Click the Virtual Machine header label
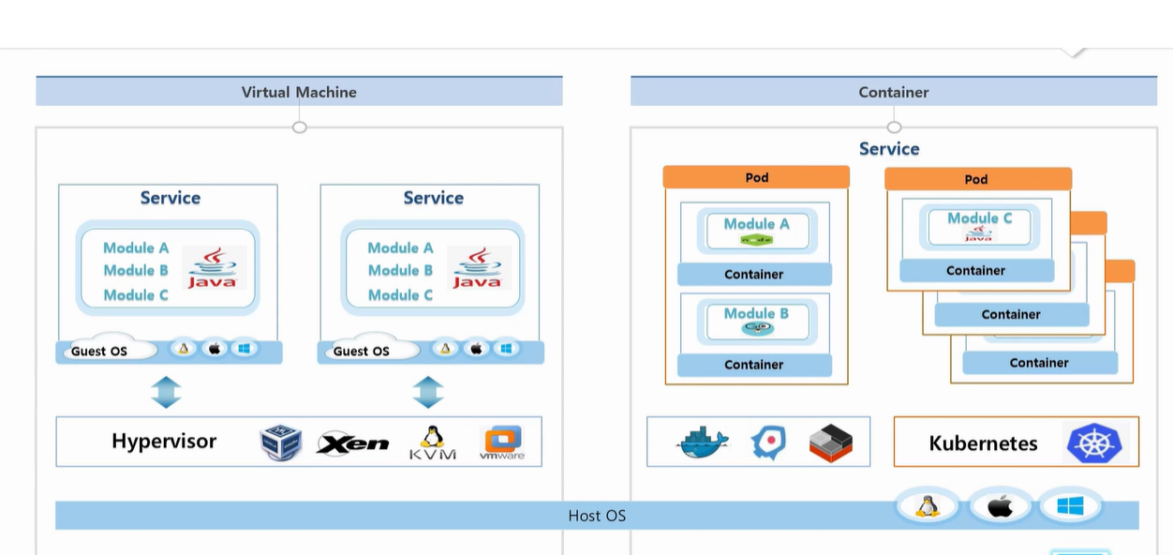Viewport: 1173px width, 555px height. pos(299,92)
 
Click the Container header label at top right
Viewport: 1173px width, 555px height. pos(894,92)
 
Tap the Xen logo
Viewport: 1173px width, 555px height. pos(352,443)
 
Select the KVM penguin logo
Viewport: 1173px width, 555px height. pos(433,442)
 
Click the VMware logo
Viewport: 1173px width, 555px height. pos(502,442)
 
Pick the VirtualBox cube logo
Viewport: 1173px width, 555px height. pos(281,442)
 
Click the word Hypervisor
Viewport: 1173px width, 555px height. pos(164,442)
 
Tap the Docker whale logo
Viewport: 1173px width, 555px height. pos(702,442)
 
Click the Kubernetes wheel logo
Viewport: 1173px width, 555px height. pos(1094,442)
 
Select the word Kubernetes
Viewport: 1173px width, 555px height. pos(983,443)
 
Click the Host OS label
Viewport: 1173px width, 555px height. pos(597,516)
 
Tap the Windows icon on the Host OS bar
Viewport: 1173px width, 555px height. pos(1070,506)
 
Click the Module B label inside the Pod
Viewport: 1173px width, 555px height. pos(756,313)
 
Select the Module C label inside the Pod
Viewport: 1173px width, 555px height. pos(979,218)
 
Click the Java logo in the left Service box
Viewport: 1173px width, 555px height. pos(213,268)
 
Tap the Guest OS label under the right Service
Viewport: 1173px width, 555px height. pos(362,352)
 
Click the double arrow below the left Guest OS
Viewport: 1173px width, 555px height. pos(167,392)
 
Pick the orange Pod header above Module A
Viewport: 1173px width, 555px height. pos(756,177)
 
